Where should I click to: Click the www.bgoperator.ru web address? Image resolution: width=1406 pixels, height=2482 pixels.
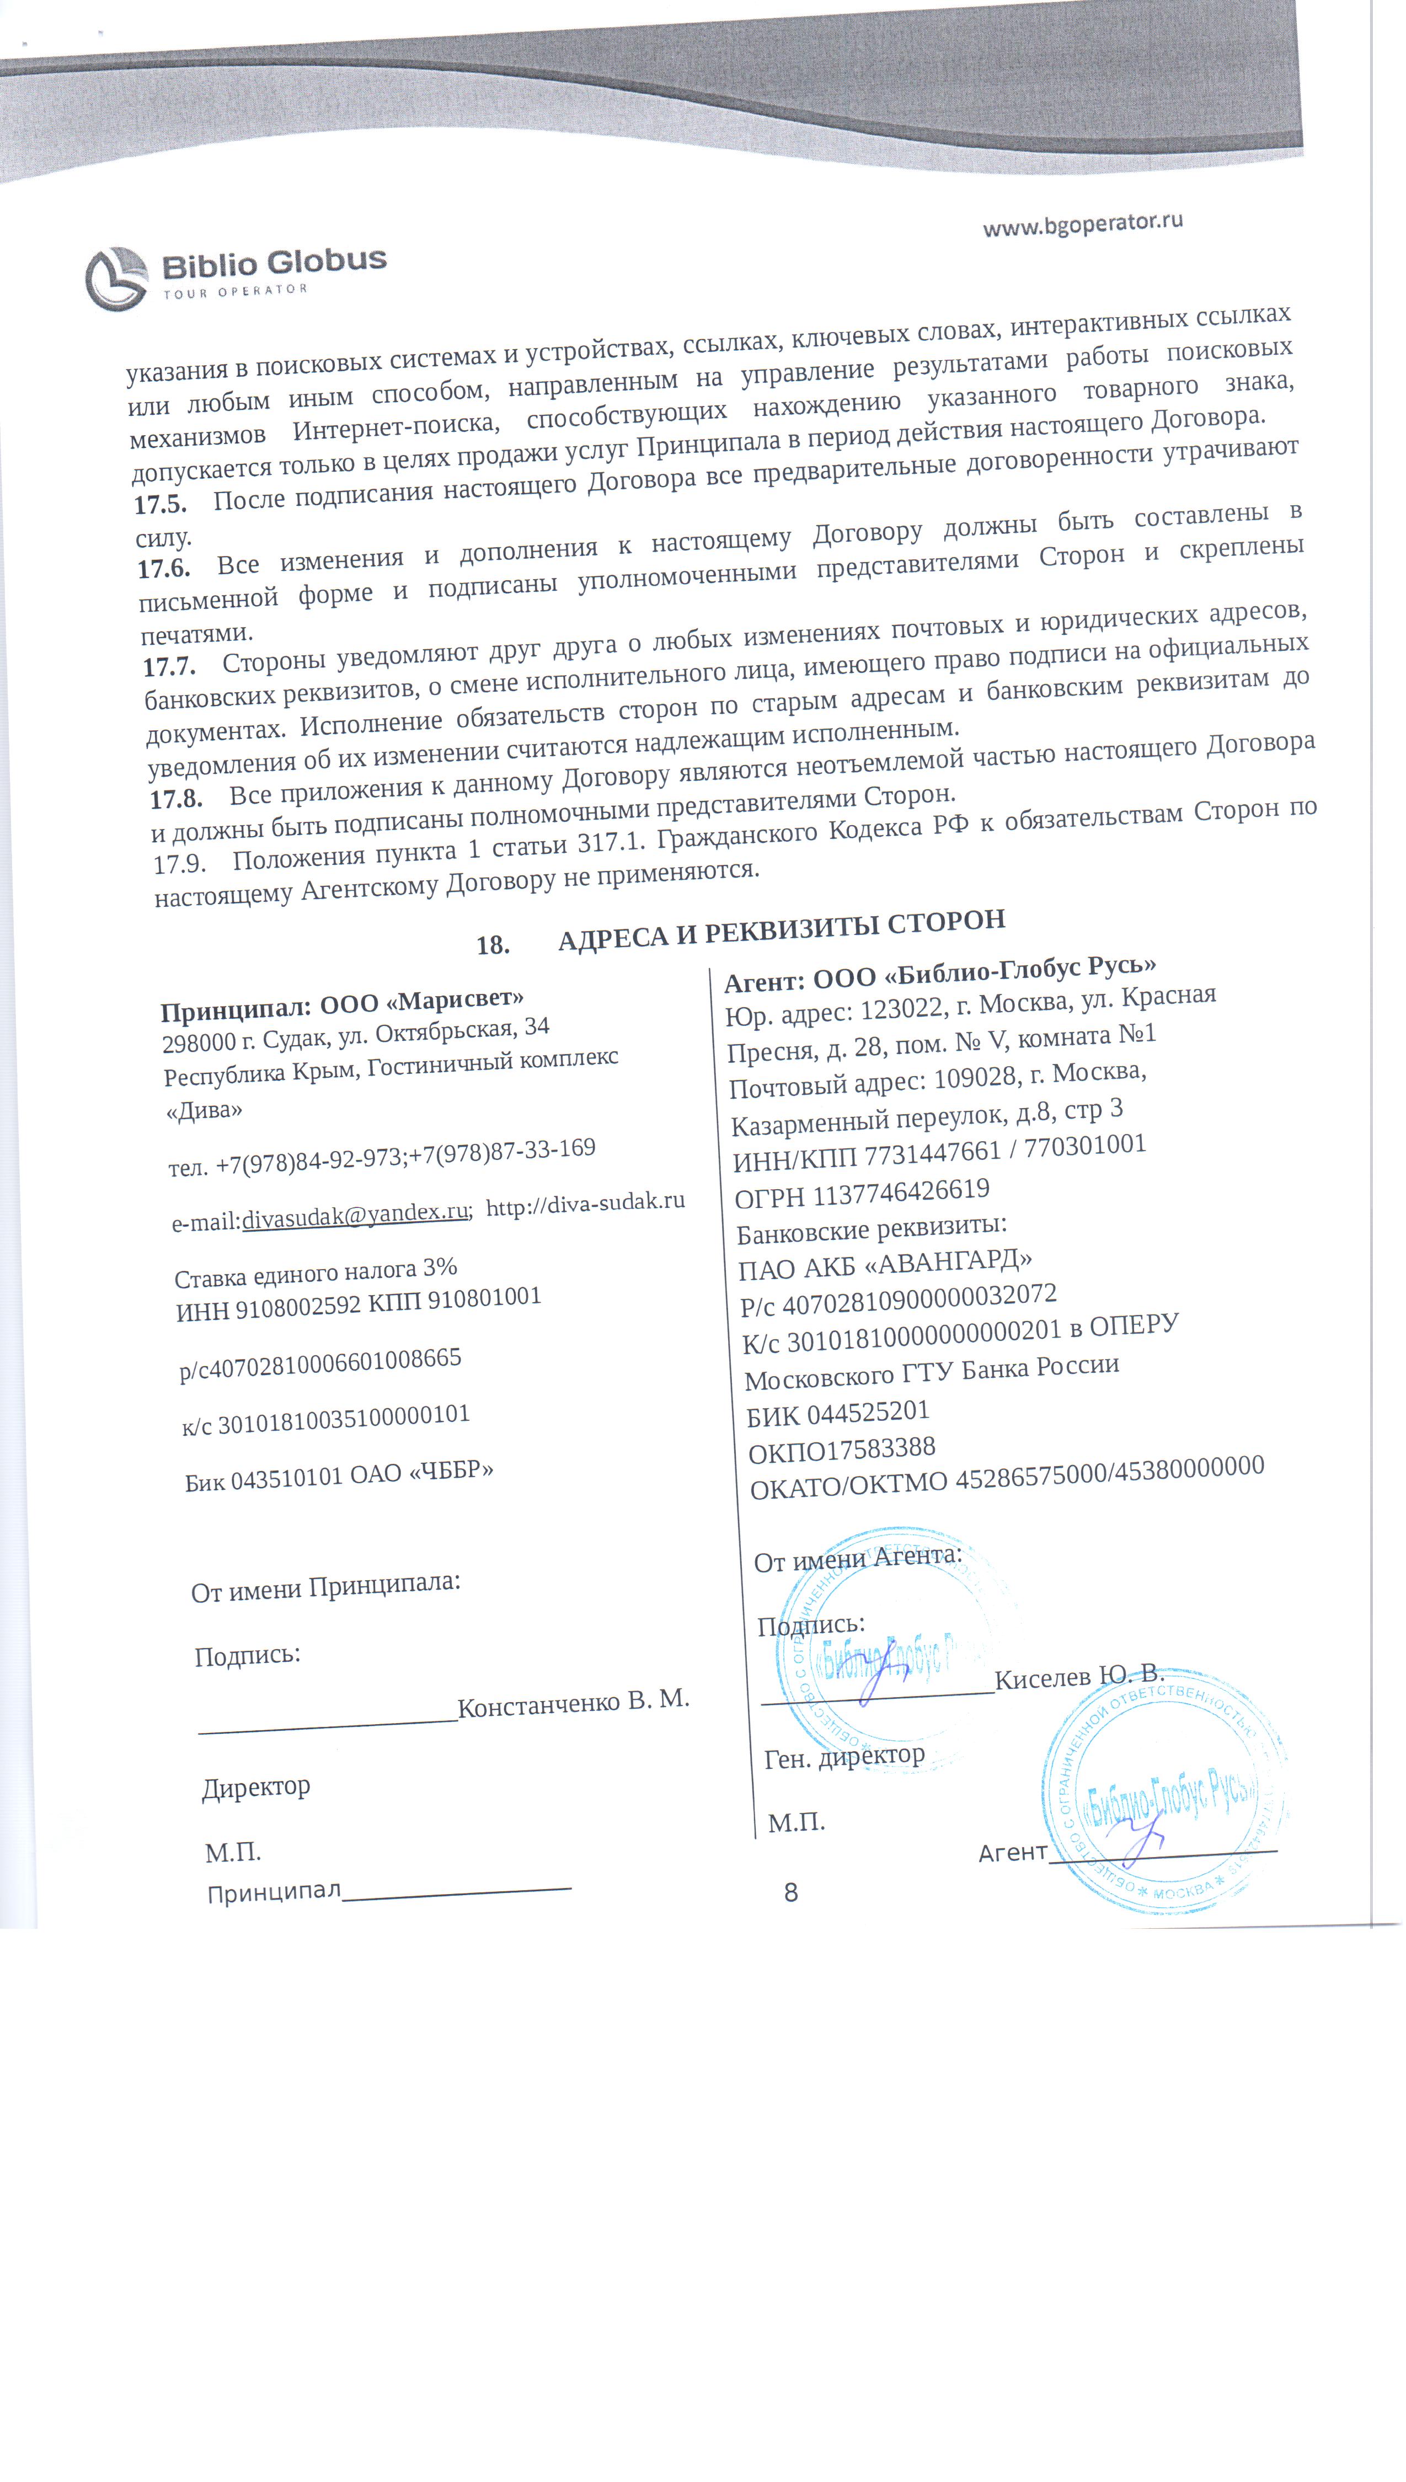pyautogui.click(x=1083, y=224)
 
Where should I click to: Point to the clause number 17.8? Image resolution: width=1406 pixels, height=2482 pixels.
pyautogui.click(x=176, y=798)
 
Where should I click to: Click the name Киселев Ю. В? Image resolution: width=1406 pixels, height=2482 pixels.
pyautogui.click(x=1079, y=1675)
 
